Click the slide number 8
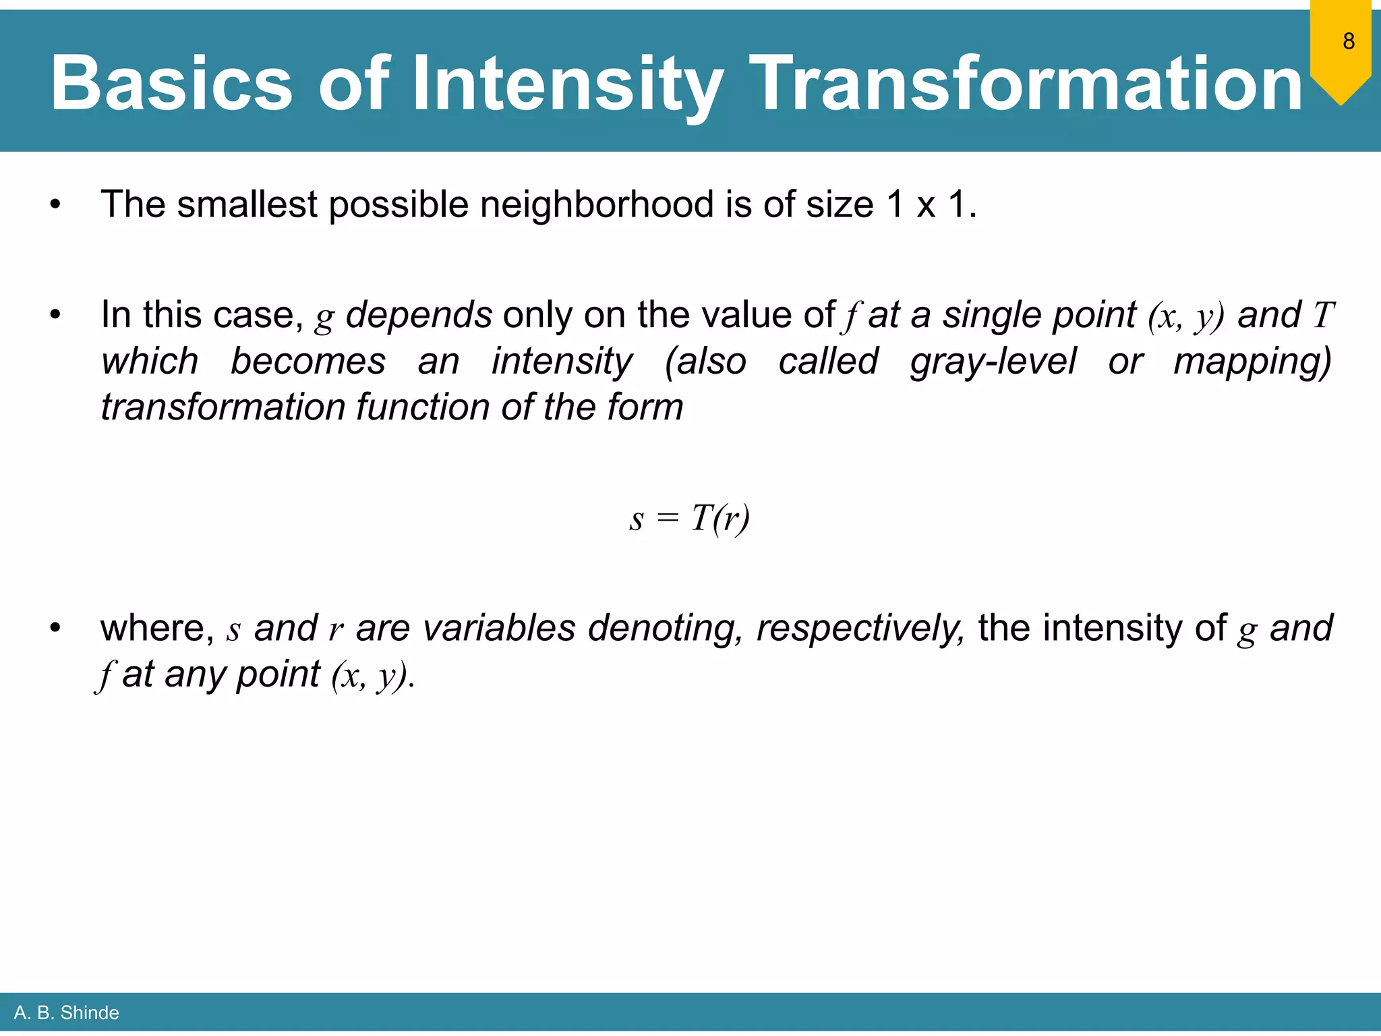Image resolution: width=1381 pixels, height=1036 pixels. pos(1348,41)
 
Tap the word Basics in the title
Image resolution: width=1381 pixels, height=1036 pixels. pos(171,84)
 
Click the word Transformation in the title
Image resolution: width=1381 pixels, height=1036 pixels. pos(1026,84)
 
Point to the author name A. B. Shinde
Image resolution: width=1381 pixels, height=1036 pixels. pos(66,1012)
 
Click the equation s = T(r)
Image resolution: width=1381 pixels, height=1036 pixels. pos(689,519)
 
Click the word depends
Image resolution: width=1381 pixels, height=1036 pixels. pos(419,315)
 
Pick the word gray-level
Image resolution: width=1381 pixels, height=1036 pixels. pos(993,362)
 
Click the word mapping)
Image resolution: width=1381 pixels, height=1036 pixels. pos(1252,362)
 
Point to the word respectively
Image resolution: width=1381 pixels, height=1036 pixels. pos(860,628)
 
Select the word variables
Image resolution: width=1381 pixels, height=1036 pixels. pos(499,628)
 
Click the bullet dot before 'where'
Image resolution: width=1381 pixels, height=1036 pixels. pos(55,628)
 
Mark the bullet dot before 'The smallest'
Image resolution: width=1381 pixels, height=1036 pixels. pos(55,204)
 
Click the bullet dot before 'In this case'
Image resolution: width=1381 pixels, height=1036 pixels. pos(55,315)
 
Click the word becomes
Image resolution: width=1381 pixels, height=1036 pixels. pos(308,362)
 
